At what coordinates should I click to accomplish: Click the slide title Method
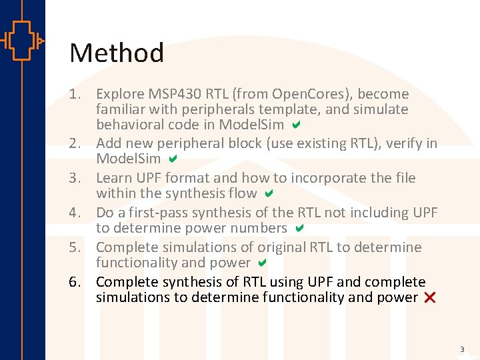coord(117,53)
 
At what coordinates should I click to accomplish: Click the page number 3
coord(461,349)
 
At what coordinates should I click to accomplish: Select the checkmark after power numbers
coord(299,228)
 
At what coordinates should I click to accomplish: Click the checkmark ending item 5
coord(263,263)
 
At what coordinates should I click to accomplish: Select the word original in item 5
coord(281,247)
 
